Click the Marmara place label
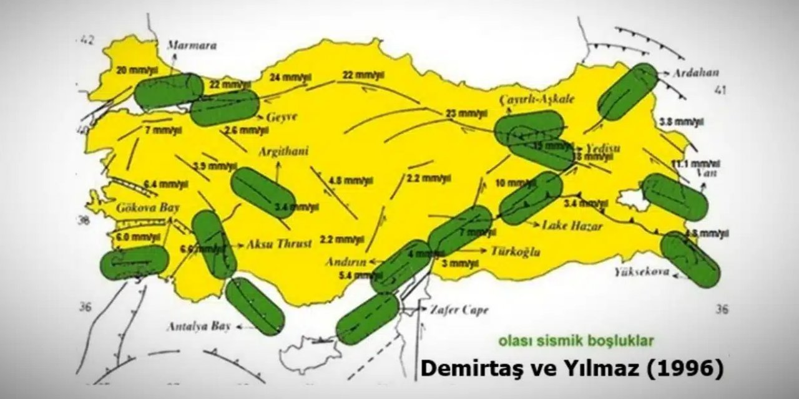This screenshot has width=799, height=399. (192, 46)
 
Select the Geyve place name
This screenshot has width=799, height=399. (283, 117)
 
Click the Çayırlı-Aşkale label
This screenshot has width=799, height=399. (537, 100)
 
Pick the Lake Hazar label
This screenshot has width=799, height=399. (572, 226)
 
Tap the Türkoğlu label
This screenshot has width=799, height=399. (515, 252)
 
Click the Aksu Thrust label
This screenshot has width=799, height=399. (280, 244)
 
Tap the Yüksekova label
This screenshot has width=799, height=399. (641, 272)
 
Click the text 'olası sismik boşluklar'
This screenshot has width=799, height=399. (576, 341)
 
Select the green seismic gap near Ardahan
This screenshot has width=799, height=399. (627, 92)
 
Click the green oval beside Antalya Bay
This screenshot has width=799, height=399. (255, 306)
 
